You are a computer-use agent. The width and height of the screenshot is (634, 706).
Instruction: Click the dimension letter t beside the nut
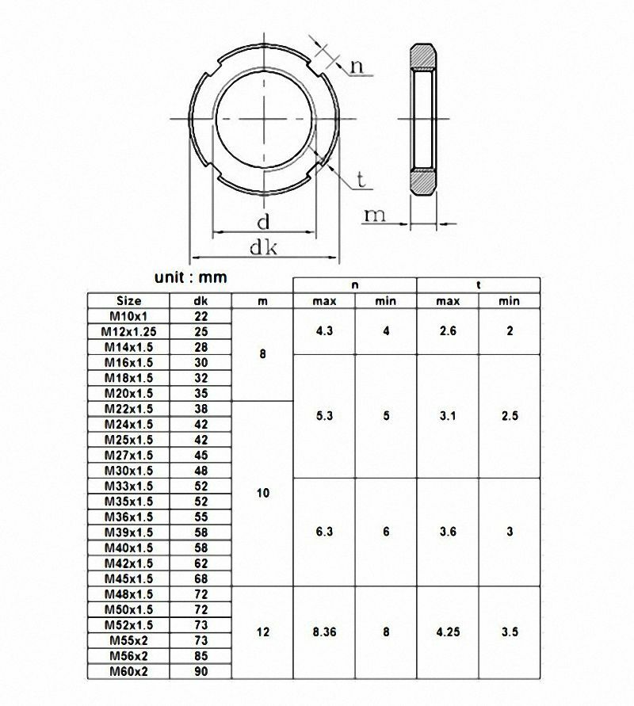(x=361, y=181)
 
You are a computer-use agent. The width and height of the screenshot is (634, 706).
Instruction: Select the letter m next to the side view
(x=375, y=215)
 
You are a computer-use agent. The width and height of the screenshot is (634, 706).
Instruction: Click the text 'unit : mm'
(x=190, y=277)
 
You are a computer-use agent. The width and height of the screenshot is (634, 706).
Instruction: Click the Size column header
(x=128, y=301)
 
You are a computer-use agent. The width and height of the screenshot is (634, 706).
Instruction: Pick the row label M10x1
(x=128, y=316)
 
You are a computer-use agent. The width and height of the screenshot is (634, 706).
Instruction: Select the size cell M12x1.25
(x=128, y=331)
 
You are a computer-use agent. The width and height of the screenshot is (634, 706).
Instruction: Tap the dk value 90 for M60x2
(x=201, y=671)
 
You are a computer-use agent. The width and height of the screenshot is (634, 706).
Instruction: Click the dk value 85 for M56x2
(x=201, y=656)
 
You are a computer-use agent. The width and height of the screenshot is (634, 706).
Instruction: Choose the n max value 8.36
(x=323, y=632)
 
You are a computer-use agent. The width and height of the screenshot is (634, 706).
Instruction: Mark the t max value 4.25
(x=448, y=632)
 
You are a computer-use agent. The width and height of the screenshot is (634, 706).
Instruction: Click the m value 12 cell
(x=263, y=632)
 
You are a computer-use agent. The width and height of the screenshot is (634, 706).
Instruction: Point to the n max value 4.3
(x=323, y=331)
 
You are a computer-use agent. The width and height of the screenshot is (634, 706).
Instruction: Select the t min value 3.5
(x=510, y=632)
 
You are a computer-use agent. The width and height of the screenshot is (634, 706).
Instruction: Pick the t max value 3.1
(x=448, y=416)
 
